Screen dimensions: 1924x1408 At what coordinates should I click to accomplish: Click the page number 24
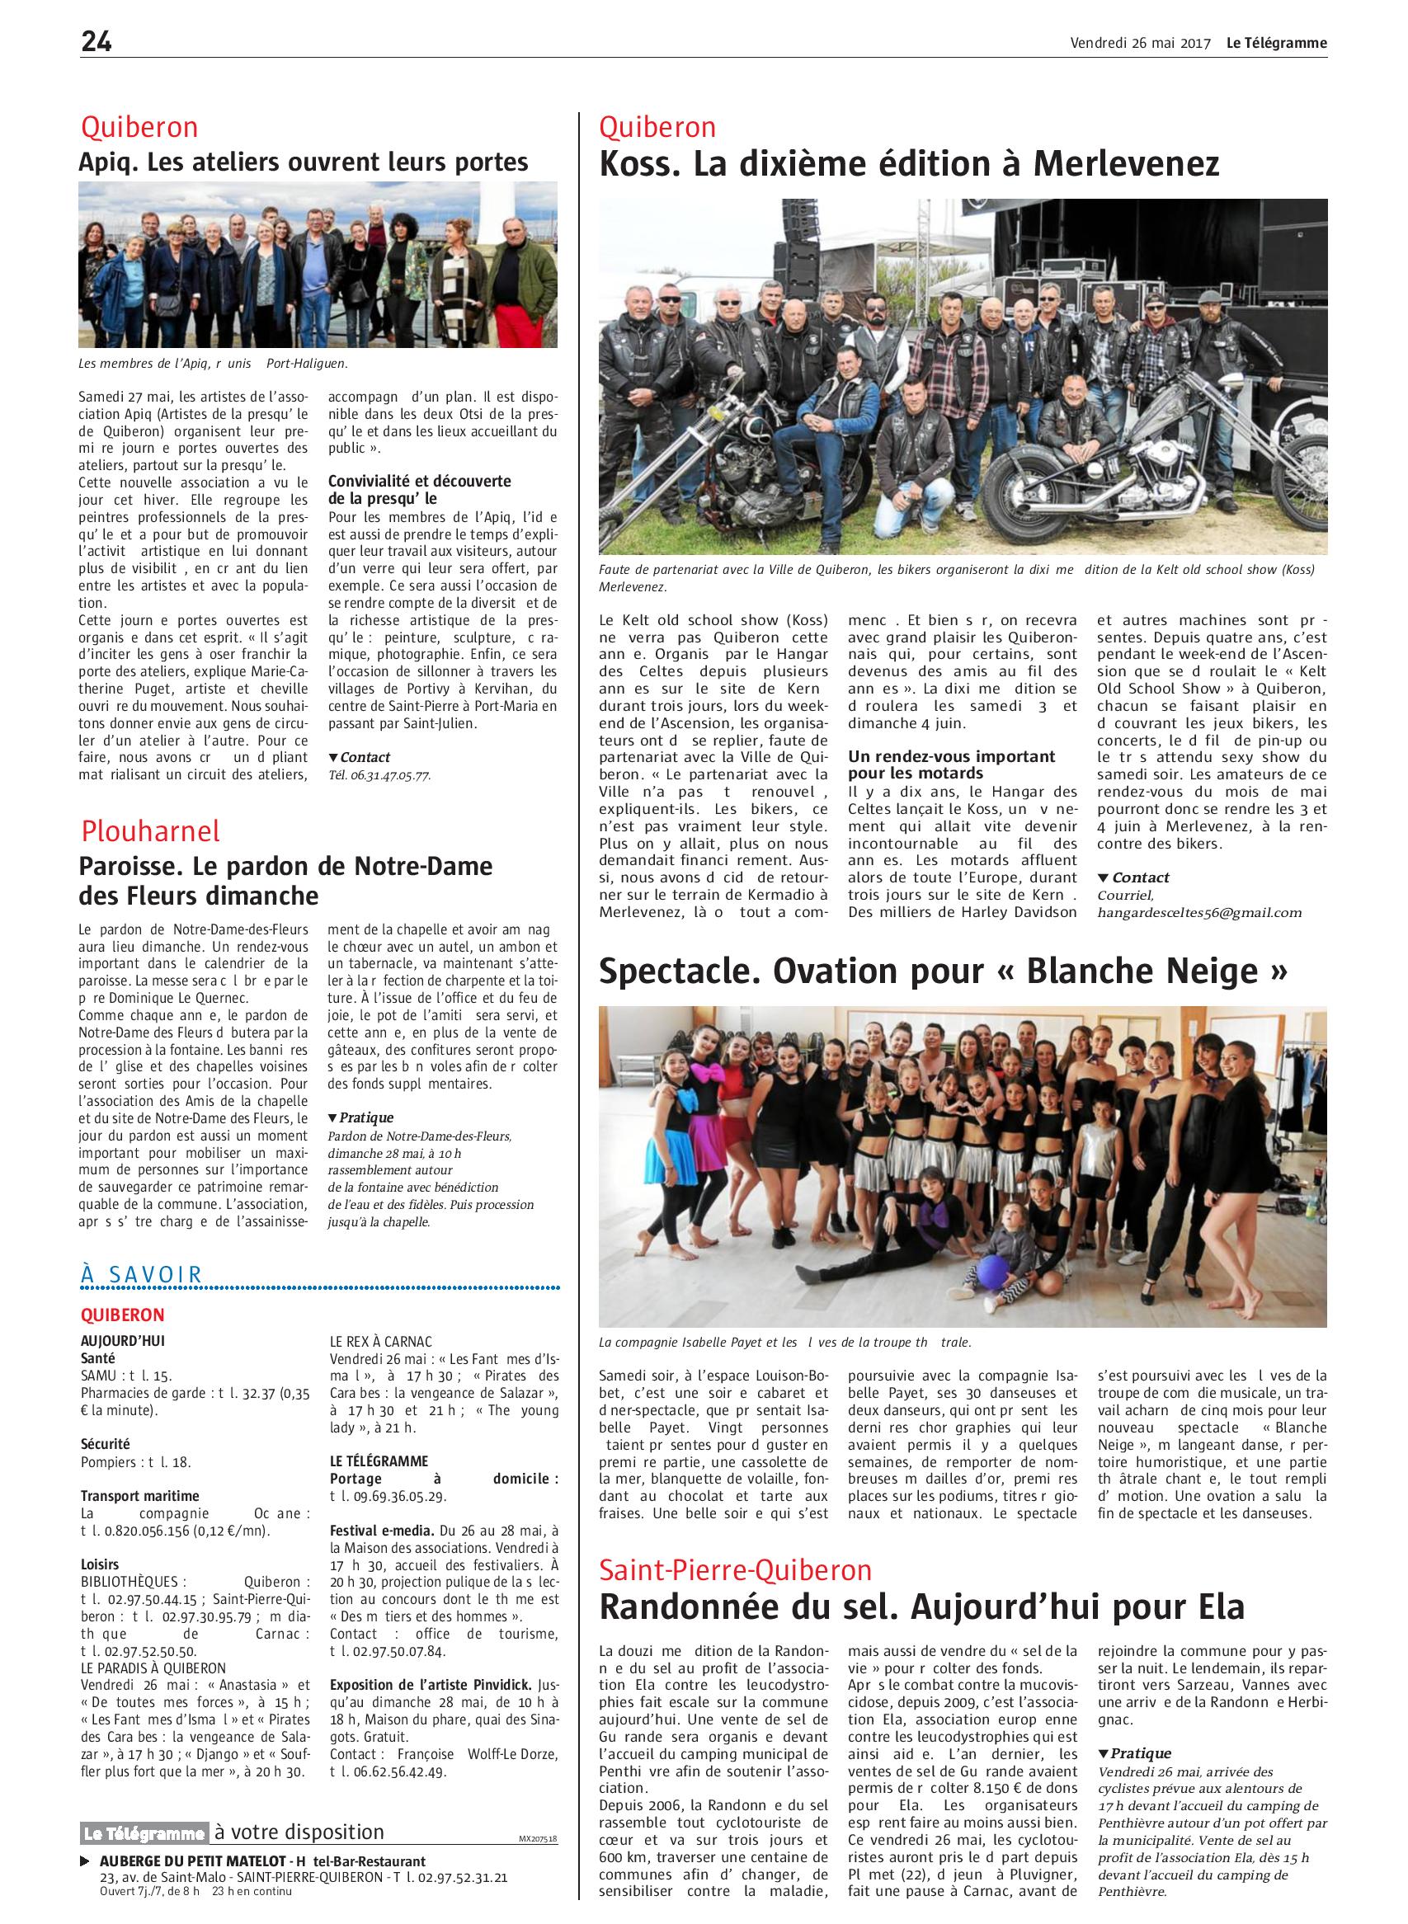pyautogui.click(x=97, y=42)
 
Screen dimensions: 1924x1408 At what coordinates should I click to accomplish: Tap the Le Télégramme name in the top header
pyautogui.click(x=1277, y=44)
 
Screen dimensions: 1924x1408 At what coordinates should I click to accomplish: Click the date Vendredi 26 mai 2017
pyautogui.click(x=1141, y=44)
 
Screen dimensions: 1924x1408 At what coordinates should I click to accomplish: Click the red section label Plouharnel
pyautogui.click(x=151, y=830)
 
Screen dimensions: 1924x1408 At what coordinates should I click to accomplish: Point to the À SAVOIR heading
pyautogui.click(x=142, y=1274)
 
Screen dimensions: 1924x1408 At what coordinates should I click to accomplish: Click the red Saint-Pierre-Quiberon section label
pyautogui.click(x=736, y=1569)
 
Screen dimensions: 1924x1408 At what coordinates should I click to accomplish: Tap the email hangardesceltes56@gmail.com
pyautogui.click(x=1199, y=913)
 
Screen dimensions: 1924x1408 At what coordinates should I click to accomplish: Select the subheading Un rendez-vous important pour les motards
pyautogui.click(x=951, y=764)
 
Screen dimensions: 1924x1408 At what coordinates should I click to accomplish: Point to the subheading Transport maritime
pyautogui.click(x=139, y=1495)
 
